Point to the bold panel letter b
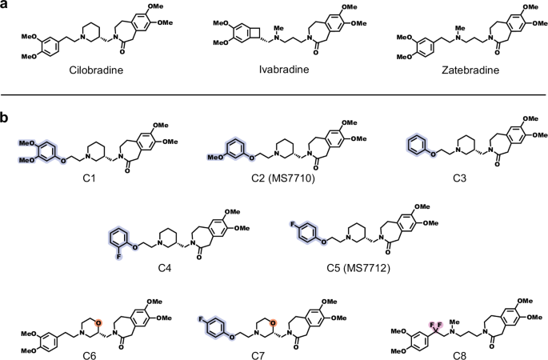click(x=6, y=118)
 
